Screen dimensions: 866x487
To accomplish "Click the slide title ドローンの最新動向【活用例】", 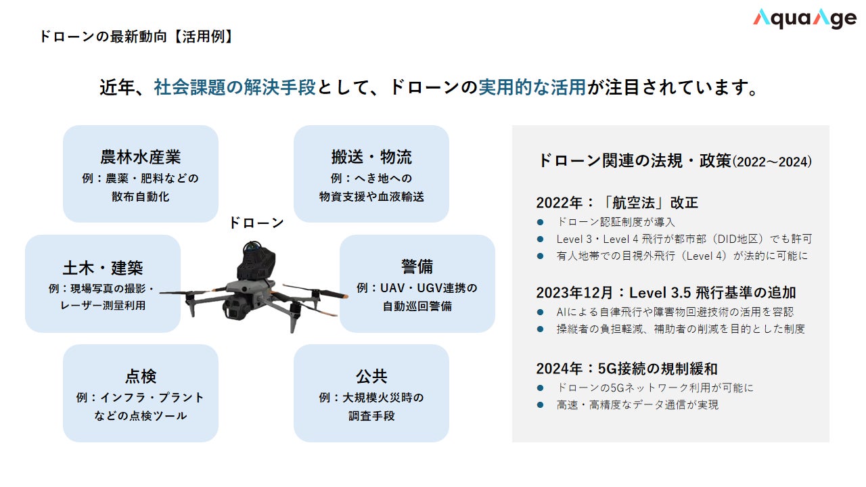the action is click(x=136, y=37).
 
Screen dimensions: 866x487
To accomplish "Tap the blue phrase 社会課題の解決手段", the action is click(x=235, y=87).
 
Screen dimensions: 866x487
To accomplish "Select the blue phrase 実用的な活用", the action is click(x=532, y=87).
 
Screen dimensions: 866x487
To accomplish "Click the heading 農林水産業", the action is click(x=140, y=158).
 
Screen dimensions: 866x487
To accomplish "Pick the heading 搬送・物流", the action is click(x=371, y=158).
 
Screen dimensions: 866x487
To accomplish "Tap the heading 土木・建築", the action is click(x=103, y=268).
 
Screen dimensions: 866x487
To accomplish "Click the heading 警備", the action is click(x=417, y=266).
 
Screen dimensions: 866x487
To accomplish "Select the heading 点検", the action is click(x=140, y=377).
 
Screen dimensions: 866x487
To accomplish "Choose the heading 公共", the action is click(x=371, y=377).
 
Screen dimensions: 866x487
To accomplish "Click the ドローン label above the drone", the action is click(x=256, y=223).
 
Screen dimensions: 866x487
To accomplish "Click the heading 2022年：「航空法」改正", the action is click(x=617, y=202).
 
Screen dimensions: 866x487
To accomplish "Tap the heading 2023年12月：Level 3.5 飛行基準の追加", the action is click(x=666, y=293).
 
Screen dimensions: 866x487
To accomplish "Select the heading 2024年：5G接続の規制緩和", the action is click(x=626, y=369).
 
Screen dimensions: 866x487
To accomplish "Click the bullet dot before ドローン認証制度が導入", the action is click(x=541, y=223).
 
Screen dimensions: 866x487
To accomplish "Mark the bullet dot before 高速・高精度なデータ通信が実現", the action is click(x=541, y=405).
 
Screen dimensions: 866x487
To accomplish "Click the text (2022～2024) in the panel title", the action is click(x=772, y=162).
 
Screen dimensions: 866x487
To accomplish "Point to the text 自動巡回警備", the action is click(x=417, y=306).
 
